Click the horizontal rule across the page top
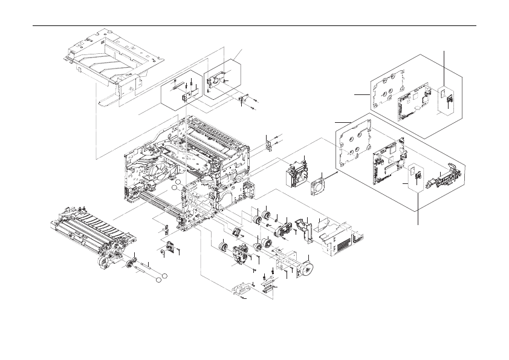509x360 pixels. coord(254,26)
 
